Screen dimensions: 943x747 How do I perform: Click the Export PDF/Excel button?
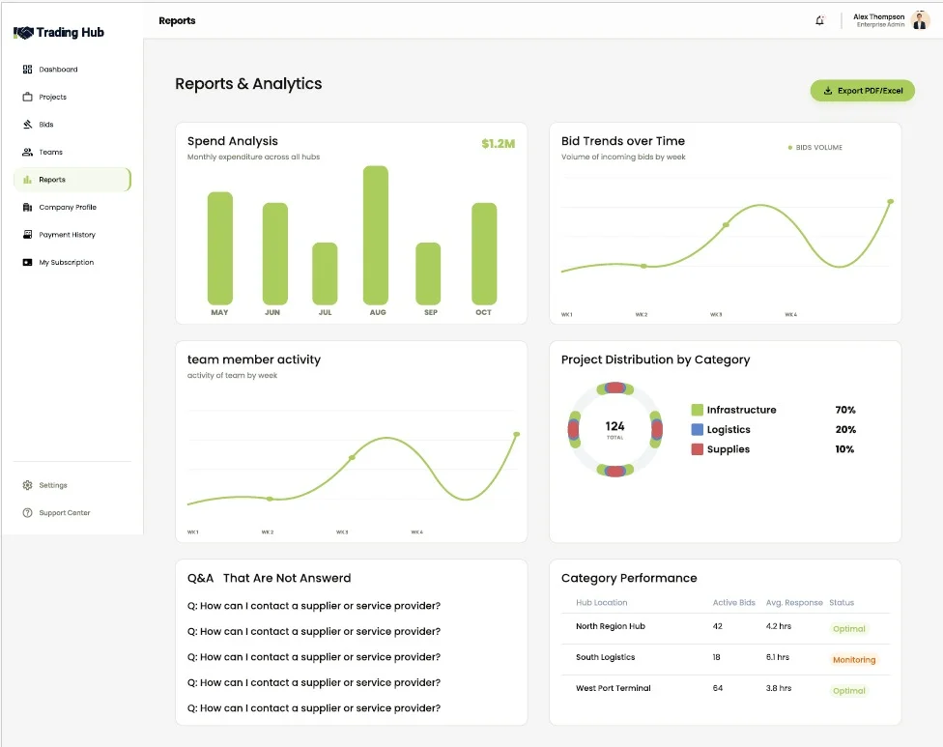(x=863, y=91)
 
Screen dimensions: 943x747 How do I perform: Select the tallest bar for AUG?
(x=375, y=235)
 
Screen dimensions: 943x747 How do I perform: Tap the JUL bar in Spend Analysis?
(x=325, y=273)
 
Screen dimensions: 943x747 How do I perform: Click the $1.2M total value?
(x=498, y=144)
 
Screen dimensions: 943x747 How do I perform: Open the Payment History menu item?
(x=68, y=235)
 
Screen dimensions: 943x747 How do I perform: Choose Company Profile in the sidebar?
(x=68, y=207)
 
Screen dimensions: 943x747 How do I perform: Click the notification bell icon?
(x=819, y=20)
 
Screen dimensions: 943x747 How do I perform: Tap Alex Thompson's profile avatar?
(x=920, y=20)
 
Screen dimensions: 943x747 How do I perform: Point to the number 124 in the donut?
(x=614, y=426)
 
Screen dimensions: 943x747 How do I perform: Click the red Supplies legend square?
(x=697, y=449)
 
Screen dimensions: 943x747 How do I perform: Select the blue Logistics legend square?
(x=697, y=429)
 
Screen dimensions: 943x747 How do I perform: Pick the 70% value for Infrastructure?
(x=845, y=410)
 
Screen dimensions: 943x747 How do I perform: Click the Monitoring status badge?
(x=854, y=660)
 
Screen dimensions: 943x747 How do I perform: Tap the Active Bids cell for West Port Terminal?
(x=718, y=688)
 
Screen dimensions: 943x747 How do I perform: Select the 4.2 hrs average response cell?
(x=778, y=626)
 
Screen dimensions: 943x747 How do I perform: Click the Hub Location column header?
(x=601, y=603)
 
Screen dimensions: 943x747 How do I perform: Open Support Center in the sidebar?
(x=65, y=513)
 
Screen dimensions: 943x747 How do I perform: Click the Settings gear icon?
(x=27, y=485)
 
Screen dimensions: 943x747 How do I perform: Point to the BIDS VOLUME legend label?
(x=819, y=147)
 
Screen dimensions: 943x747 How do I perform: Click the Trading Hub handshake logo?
(x=23, y=33)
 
